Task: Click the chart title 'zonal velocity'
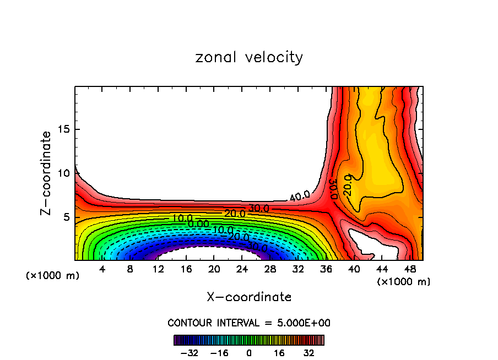[249, 57]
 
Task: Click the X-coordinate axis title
[249, 297]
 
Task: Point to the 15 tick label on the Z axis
[63, 129]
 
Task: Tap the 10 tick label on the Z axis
[63, 173]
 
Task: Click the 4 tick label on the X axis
[102, 269]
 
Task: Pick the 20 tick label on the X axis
[214, 269]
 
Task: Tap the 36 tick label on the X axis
[326, 269]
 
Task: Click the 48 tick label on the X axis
[410, 269]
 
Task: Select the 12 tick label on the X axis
[158, 269]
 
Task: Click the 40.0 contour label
[300, 195]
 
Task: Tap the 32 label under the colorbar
[309, 353]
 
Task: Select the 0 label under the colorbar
[249, 353]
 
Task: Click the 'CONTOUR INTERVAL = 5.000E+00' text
[249, 323]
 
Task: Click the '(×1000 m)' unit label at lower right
[404, 282]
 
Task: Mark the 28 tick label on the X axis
[270, 269]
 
